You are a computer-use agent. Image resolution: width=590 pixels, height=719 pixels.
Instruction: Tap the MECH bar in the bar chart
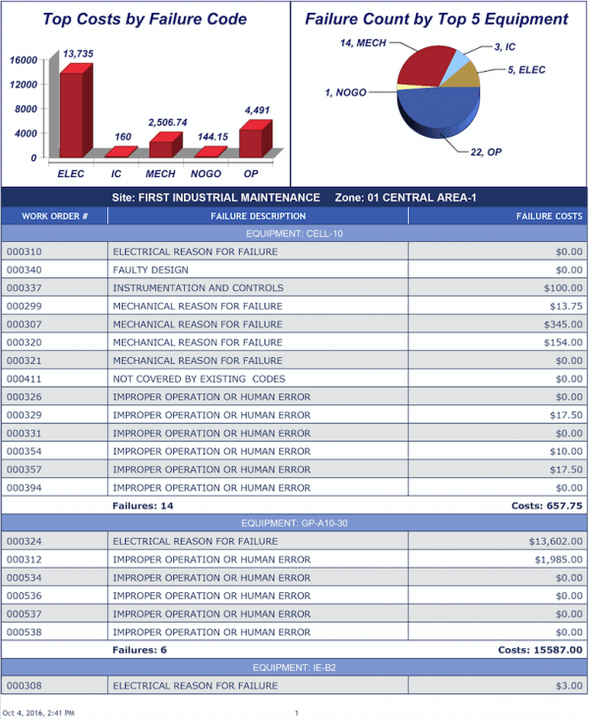(161, 149)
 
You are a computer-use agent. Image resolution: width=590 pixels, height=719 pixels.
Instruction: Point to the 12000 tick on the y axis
(26, 85)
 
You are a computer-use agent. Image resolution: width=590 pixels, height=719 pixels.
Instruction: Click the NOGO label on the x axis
(206, 173)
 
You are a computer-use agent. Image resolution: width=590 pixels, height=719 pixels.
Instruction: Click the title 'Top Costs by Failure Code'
(145, 19)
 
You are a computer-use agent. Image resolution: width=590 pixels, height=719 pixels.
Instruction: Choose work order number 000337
(24, 288)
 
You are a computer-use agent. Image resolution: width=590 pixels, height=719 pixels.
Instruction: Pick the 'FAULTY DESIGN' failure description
(149, 270)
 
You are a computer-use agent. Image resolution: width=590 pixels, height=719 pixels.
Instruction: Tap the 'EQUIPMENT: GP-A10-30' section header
(294, 523)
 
